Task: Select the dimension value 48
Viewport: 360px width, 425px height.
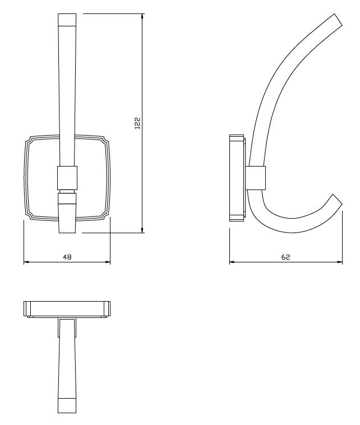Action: [x=67, y=257]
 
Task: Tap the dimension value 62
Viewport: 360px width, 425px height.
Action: [x=285, y=257]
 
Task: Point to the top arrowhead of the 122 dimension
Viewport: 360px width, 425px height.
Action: [x=142, y=17]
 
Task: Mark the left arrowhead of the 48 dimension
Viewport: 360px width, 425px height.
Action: [x=27, y=262]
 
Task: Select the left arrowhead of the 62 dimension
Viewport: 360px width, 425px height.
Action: [x=233, y=262]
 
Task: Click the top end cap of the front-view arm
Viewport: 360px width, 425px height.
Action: [x=67, y=20]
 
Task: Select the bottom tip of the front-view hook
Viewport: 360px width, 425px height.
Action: [x=67, y=227]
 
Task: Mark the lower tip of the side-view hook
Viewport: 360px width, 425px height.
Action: [x=336, y=201]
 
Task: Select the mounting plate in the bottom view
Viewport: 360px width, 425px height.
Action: [x=67, y=308]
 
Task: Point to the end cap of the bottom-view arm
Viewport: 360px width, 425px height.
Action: [x=67, y=406]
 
